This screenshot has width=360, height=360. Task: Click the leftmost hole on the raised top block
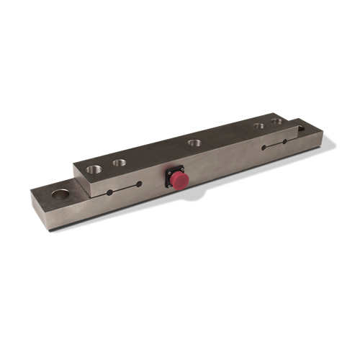(94, 170)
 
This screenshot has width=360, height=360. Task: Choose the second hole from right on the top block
(258, 126)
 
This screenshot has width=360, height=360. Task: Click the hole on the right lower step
(300, 130)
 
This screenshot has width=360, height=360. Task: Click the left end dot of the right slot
(264, 149)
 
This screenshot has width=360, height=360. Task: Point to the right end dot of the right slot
(287, 143)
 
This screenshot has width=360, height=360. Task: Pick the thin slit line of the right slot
(275, 146)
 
